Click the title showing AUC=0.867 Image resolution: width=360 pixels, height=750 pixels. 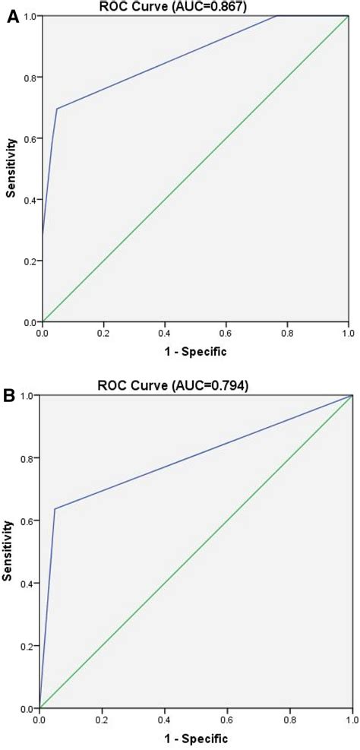point(196,7)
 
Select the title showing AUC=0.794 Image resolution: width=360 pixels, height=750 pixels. point(196,385)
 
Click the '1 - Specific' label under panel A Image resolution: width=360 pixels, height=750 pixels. point(195,353)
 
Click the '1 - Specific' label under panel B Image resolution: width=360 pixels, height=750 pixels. point(195,738)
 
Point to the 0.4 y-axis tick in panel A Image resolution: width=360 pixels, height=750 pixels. point(30,200)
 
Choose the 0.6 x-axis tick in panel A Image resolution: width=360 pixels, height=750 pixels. point(226,333)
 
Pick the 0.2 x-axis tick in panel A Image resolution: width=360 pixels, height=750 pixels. point(103,333)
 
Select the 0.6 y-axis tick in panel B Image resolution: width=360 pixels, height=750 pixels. point(27,521)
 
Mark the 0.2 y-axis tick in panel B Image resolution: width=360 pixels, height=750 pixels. point(27,646)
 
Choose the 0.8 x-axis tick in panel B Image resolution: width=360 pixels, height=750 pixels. point(289,719)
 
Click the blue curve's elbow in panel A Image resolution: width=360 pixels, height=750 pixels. point(57,108)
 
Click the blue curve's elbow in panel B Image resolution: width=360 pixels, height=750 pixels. point(55,508)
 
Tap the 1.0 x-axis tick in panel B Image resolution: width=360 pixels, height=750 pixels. point(349,719)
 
